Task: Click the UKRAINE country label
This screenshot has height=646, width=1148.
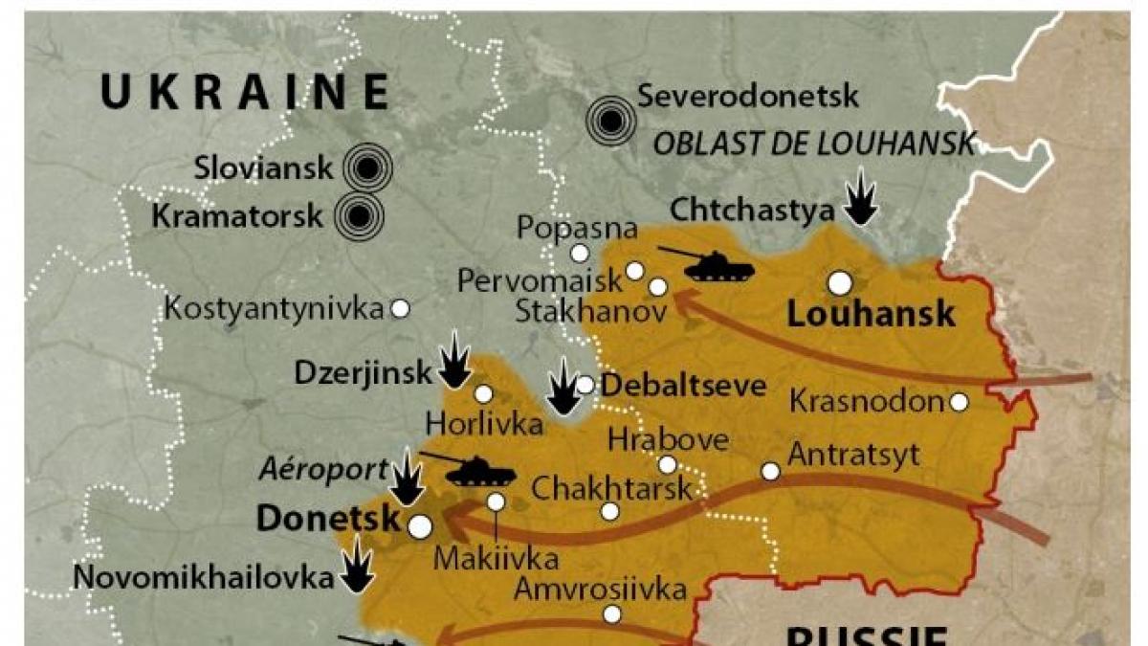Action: point(245,93)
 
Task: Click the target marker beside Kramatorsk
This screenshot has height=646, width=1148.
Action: point(359,217)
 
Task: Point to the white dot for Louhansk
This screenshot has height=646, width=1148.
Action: point(840,282)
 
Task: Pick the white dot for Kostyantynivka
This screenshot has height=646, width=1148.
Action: point(401,308)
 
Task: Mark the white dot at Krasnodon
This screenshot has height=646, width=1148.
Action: point(959,402)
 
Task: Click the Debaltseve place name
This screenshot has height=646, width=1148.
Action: point(684,386)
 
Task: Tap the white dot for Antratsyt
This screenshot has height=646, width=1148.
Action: point(770,471)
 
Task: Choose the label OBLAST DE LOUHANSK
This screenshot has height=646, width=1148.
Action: point(813,145)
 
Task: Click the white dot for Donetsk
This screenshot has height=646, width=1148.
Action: point(419,525)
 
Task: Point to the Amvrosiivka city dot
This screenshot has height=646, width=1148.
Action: point(611,613)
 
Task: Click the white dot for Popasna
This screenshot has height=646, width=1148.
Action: point(580,253)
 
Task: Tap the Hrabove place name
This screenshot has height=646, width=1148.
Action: point(669,441)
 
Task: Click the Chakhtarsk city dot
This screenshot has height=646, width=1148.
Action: point(610,511)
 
